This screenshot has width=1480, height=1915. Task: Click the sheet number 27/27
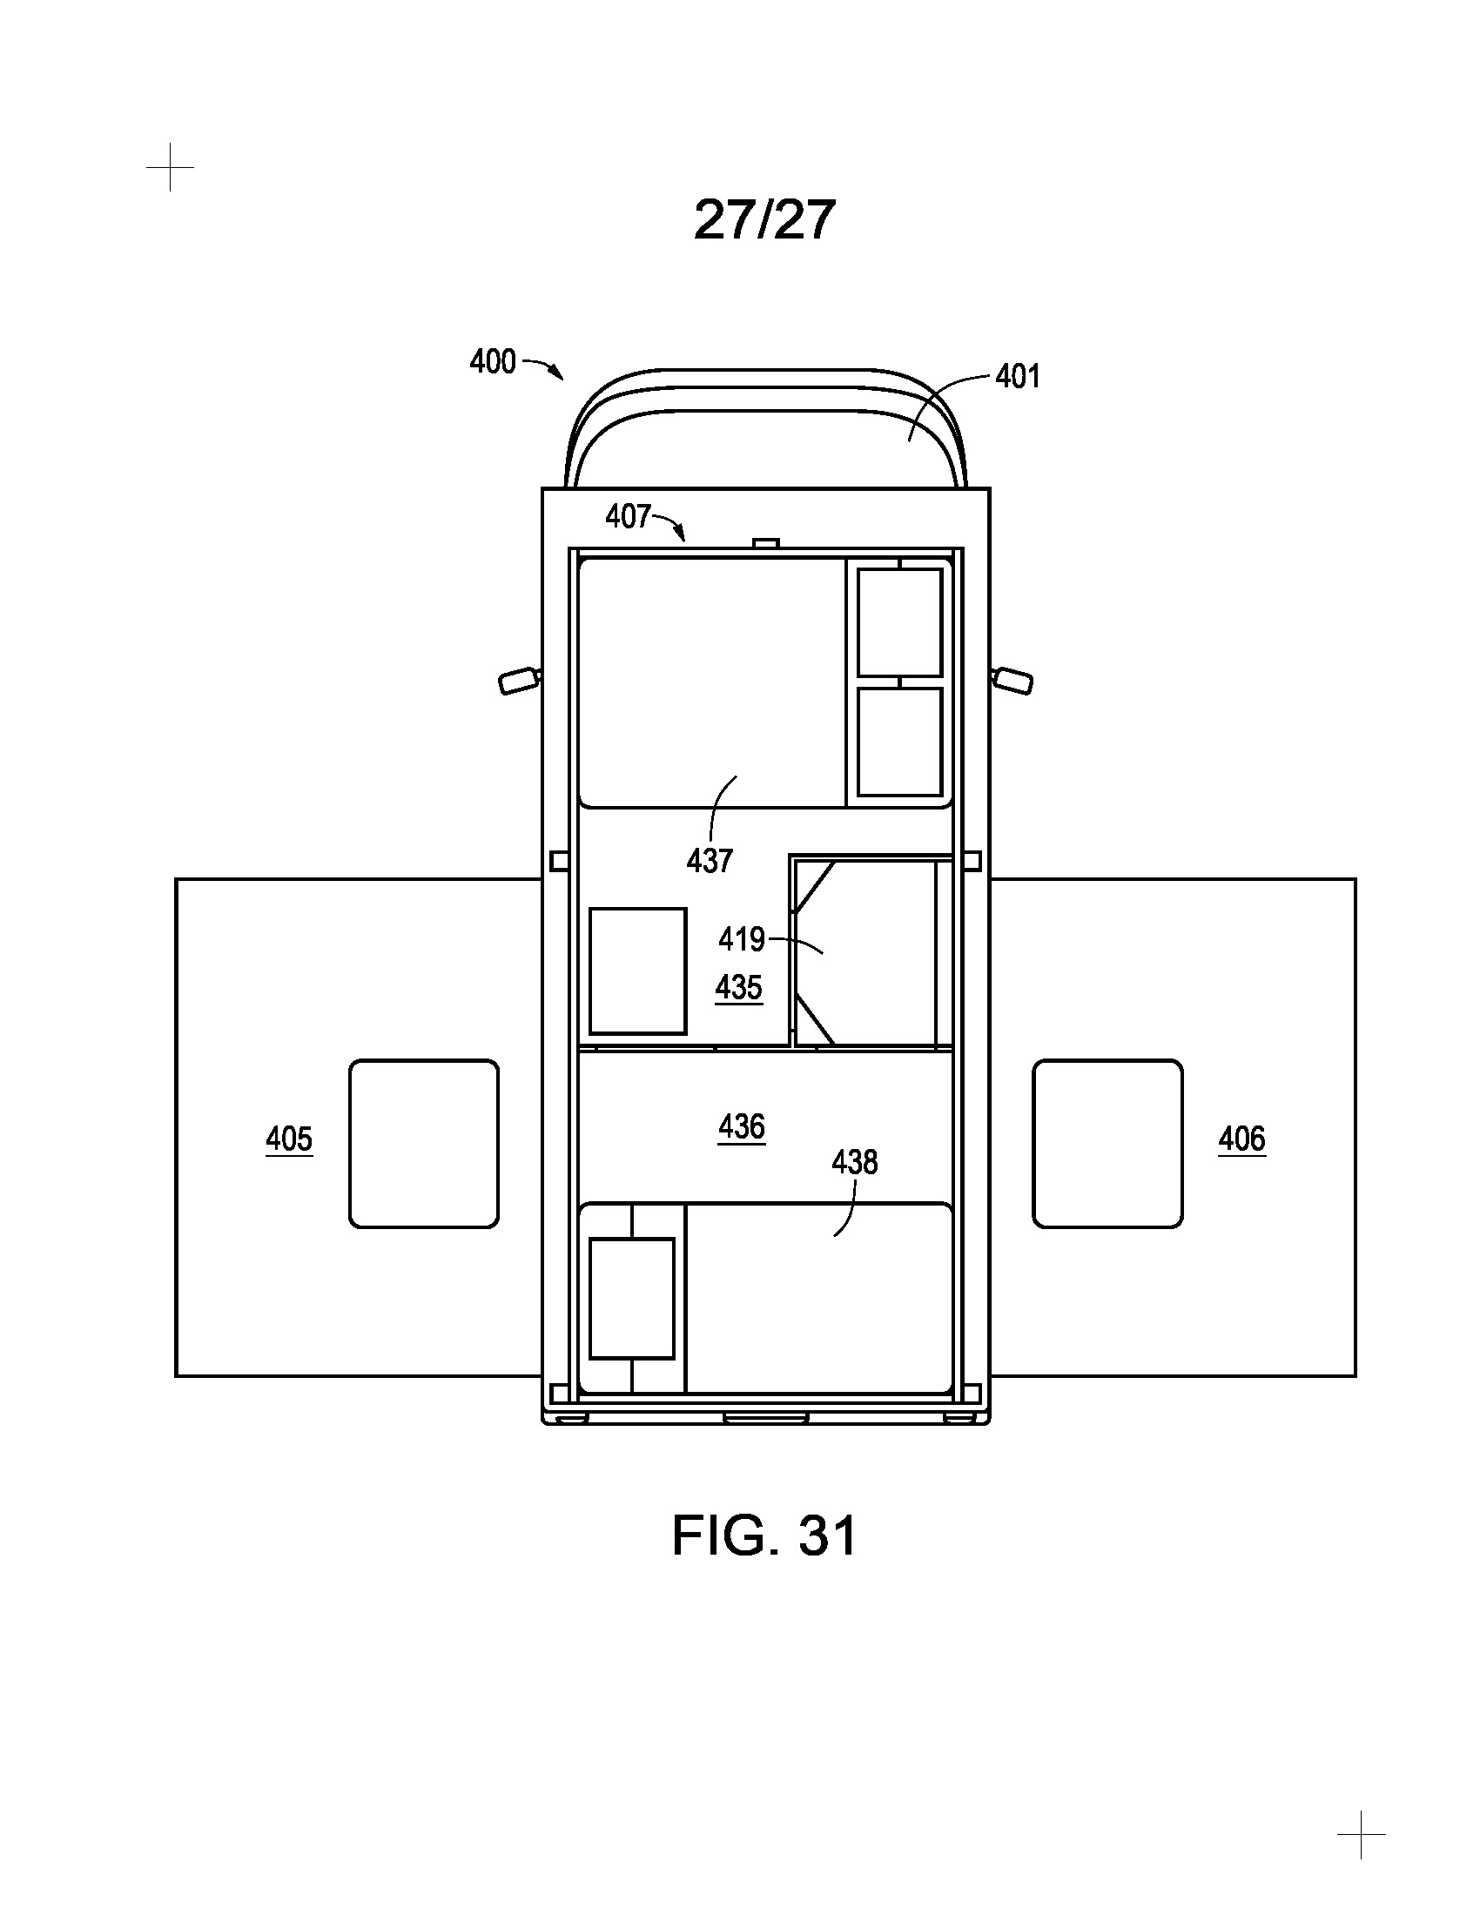click(x=764, y=219)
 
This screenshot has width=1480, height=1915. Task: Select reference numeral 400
click(x=493, y=361)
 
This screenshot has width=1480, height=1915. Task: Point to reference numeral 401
click(x=1018, y=376)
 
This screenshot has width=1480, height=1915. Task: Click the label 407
click(x=628, y=516)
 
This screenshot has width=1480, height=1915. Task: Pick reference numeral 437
click(x=709, y=860)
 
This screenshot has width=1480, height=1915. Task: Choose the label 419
click(x=742, y=939)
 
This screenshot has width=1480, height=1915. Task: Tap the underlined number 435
click(x=738, y=988)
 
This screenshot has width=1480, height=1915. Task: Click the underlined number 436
click(x=742, y=1125)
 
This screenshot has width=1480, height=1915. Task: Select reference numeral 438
click(x=854, y=1162)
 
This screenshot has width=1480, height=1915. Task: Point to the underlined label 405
click(x=289, y=1139)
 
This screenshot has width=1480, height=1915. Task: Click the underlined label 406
click(x=1241, y=1139)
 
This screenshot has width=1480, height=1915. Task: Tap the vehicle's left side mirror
click(x=518, y=681)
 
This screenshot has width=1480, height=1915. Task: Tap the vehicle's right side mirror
click(x=1012, y=681)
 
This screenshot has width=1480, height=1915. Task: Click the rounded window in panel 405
click(x=424, y=1144)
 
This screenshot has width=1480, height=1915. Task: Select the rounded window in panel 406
click(x=1107, y=1144)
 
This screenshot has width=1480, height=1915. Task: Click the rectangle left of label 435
click(x=637, y=971)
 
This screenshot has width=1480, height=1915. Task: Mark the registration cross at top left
click(x=170, y=166)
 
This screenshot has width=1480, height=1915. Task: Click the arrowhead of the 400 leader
click(x=559, y=375)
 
